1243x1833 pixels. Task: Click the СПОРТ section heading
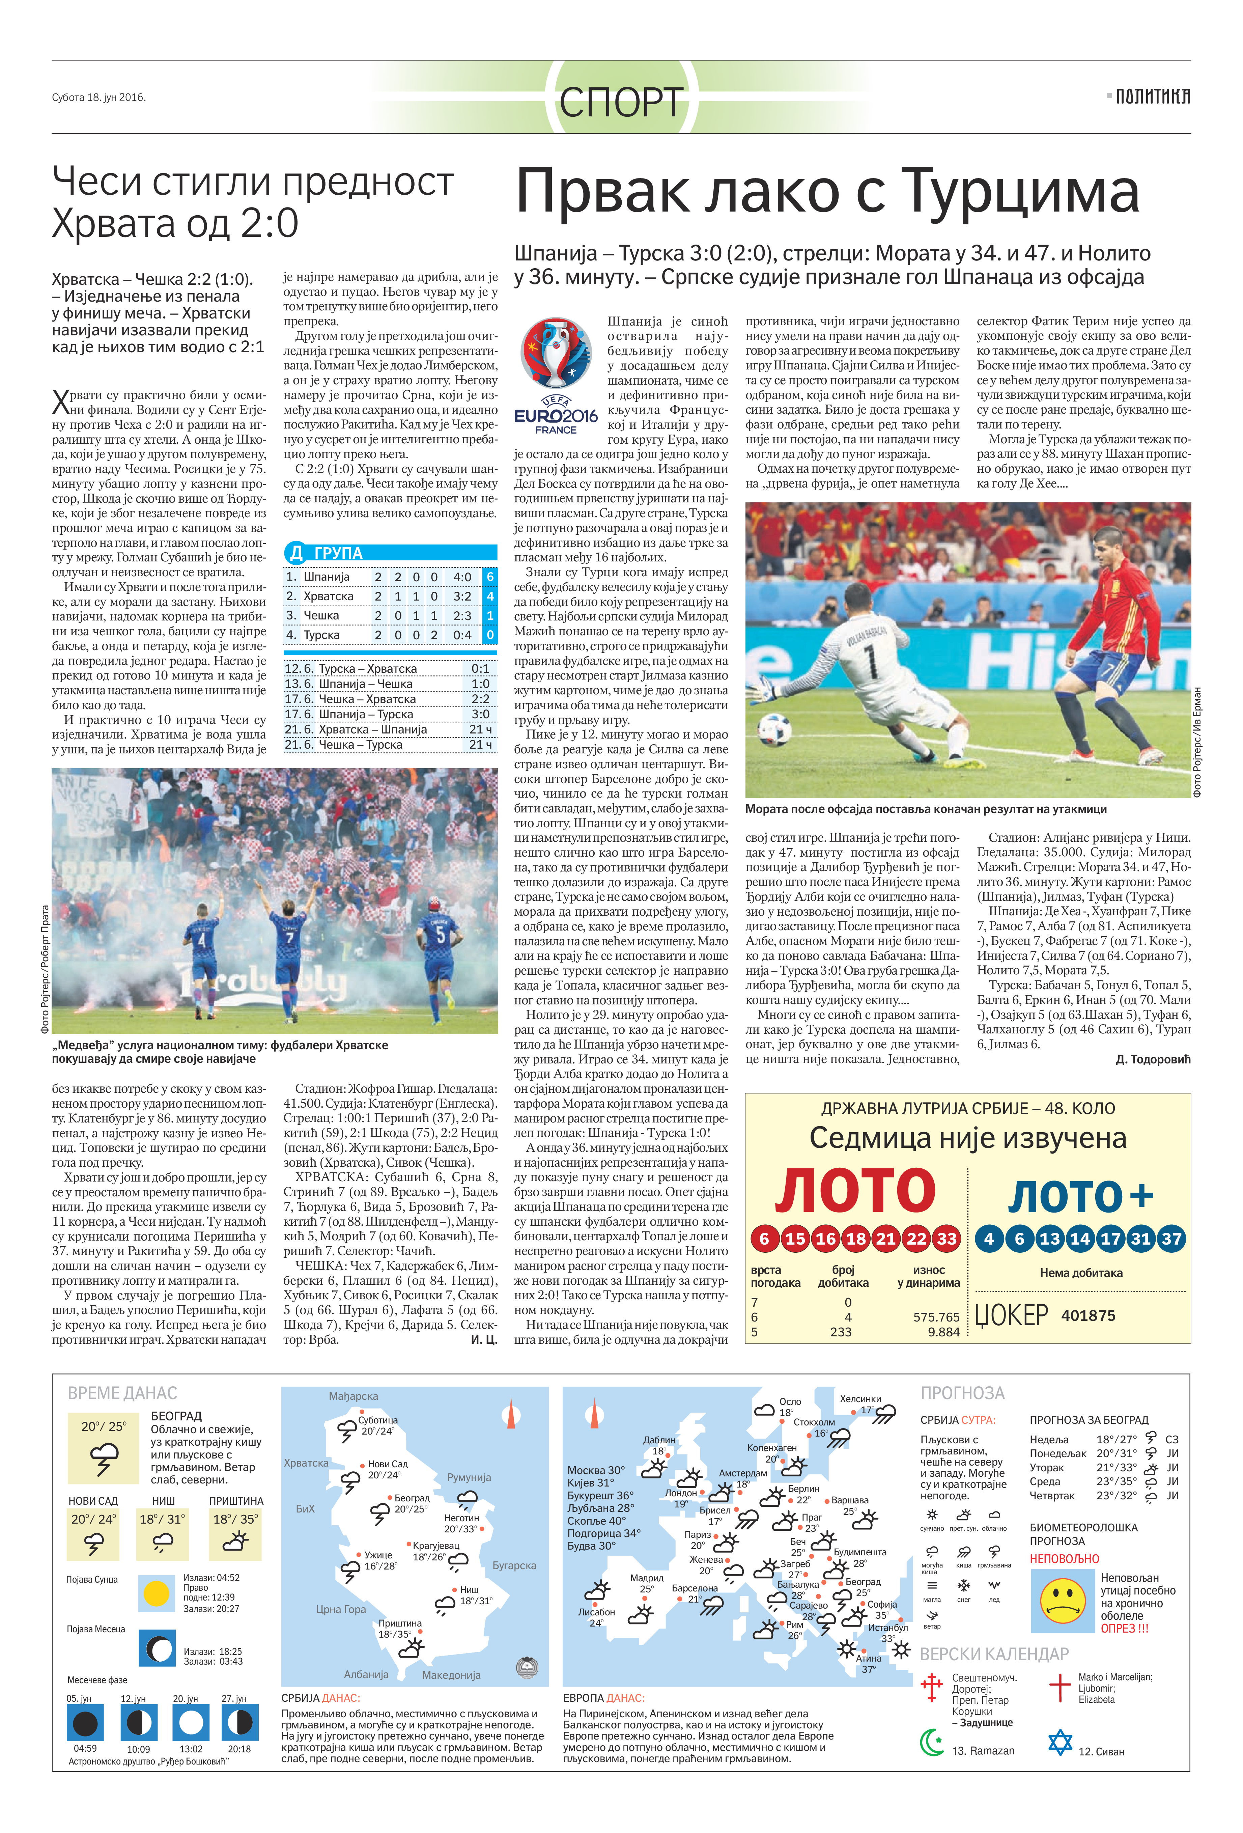(x=621, y=102)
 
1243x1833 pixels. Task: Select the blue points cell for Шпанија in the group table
(x=490, y=577)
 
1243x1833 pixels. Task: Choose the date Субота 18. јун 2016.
(x=98, y=98)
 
